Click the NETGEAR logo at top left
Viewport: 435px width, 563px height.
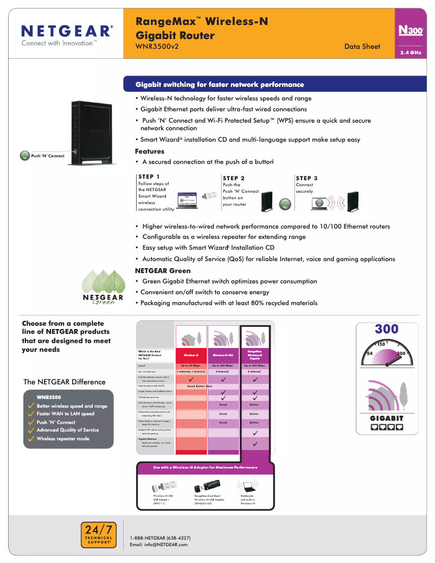click(x=67, y=31)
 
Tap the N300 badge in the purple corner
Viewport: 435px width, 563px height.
click(x=410, y=31)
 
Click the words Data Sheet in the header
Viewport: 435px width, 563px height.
click(x=362, y=47)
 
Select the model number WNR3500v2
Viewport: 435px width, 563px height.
click(x=157, y=47)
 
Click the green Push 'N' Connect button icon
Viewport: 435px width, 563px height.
click(x=24, y=156)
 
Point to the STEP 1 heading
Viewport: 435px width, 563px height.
click(x=149, y=176)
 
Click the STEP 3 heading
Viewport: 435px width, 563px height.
click(x=306, y=178)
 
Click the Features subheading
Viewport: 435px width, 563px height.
click(x=149, y=151)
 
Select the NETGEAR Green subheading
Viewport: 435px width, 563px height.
click(x=163, y=270)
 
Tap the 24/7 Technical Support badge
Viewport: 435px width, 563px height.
click(x=98, y=533)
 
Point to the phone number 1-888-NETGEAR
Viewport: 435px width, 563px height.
click(x=160, y=538)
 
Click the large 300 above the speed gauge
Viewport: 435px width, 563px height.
click(x=387, y=330)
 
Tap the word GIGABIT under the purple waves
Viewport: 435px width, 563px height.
click(x=387, y=418)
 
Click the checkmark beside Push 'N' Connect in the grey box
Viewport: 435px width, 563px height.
click(x=31, y=422)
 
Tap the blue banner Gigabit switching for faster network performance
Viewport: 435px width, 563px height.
click(x=220, y=85)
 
